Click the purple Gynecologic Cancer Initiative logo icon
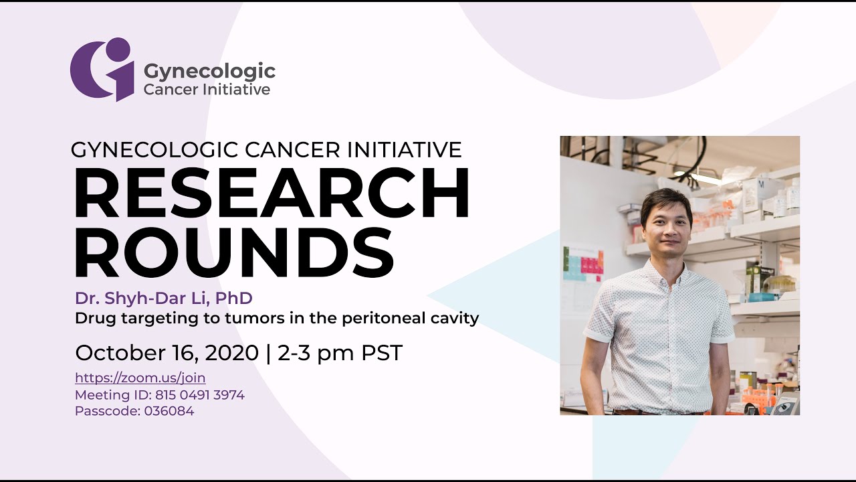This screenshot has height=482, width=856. [x=102, y=69]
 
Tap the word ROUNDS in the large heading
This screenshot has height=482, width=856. [x=233, y=252]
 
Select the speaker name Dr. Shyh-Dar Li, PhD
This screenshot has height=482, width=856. [x=163, y=298]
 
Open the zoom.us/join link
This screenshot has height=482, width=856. [x=140, y=378]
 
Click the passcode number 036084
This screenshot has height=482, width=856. [x=169, y=411]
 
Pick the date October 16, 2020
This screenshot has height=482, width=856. [x=167, y=353]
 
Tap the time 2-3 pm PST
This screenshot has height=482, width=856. [x=340, y=353]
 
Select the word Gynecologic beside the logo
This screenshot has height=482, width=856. [x=209, y=71]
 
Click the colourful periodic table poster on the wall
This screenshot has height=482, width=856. [x=582, y=263]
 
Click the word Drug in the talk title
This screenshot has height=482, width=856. [x=92, y=318]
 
